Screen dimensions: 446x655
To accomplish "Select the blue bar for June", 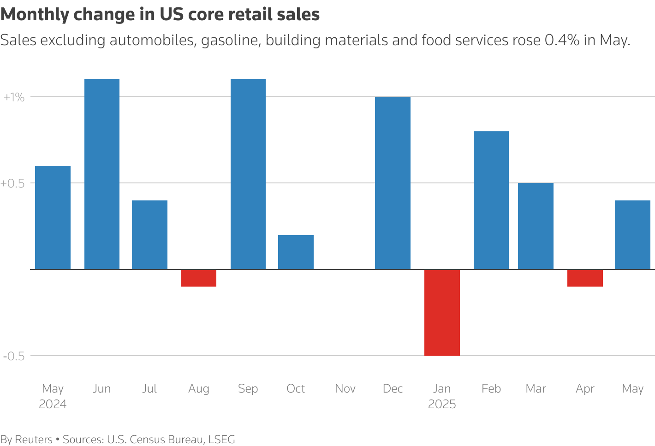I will (101, 174).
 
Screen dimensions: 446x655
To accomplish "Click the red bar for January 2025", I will (442, 312).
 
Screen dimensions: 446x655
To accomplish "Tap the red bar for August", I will (199, 278).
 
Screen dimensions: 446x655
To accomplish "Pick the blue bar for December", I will (393, 183).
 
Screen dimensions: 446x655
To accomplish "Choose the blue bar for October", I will (296, 252).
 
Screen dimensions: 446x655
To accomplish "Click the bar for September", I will (248, 174).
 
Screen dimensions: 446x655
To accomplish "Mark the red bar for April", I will (585, 278).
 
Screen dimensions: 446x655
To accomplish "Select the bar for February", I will (491, 200).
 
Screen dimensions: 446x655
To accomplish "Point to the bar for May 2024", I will (53, 217).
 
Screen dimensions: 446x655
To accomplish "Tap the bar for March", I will (536, 226).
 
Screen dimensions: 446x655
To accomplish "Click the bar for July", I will (149, 235).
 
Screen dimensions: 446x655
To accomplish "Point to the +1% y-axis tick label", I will (13, 97).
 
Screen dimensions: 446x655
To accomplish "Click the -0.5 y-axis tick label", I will (13, 356).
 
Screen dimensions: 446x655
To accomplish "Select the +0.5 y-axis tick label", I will (12, 183).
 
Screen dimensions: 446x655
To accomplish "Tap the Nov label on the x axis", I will (345, 389).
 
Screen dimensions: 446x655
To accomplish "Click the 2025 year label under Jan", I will (442, 405).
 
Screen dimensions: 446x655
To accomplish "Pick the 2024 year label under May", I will (53, 405).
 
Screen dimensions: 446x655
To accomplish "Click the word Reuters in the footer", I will (34, 440).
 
